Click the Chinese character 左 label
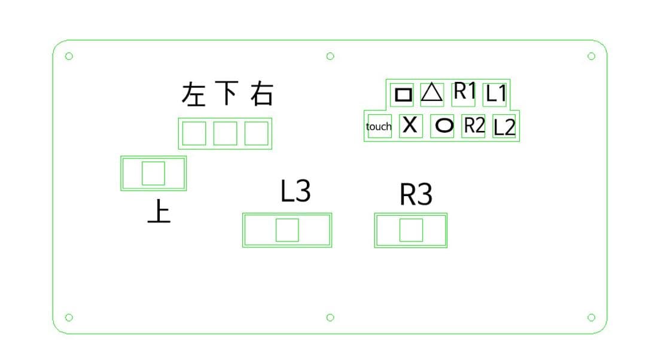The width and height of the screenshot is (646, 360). [x=194, y=94]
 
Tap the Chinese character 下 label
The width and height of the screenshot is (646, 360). [x=227, y=93]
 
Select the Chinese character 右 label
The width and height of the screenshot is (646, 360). [x=261, y=94]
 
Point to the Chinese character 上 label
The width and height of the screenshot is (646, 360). [x=159, y=212]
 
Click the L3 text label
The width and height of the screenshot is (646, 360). [x=295, y=191]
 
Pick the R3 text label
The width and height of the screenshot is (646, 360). [x=416, y=195]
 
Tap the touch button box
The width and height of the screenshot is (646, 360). [x=379, y=126]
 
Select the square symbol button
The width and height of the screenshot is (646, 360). [x=403, y=94]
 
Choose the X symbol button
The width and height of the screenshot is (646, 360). [x=410, y=126]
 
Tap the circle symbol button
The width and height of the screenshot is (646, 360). [x=443, y=126]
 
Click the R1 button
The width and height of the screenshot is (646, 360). [x=464, y=92]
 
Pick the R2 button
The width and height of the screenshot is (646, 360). [x=474, y=126]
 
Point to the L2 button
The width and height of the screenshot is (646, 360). [x=504, y=127]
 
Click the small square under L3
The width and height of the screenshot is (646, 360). [x=287, y=230]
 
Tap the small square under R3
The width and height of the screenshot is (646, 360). [x=411, y=230]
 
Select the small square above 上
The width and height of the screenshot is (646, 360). [x=153, y=173]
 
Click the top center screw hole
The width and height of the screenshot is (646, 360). [x=330, y=56]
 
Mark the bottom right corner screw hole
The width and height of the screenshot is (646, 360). [x=591, y=317]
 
